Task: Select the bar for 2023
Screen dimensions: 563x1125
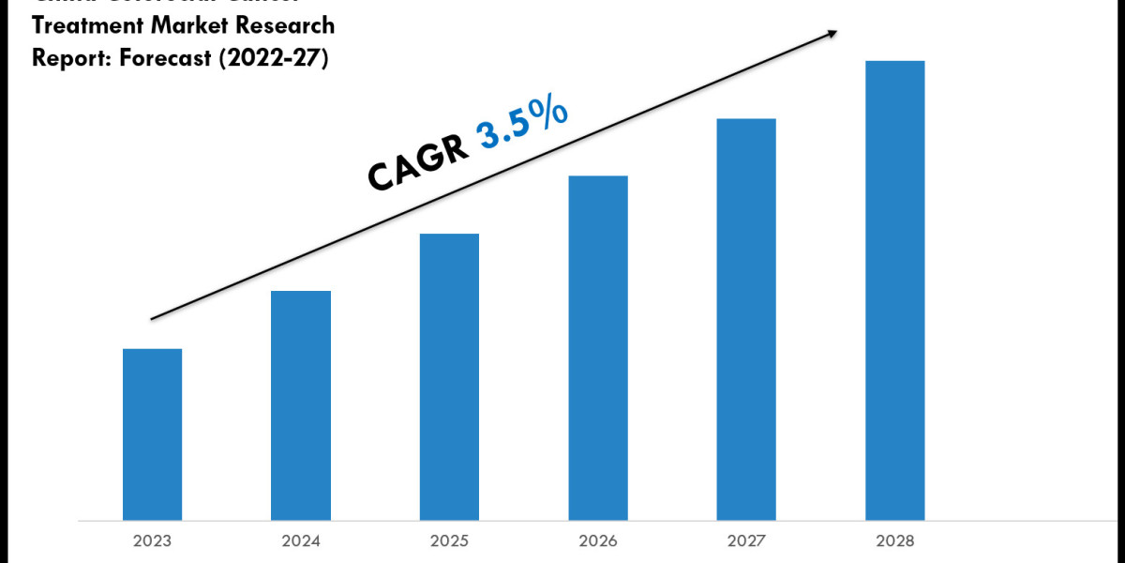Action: [x=152, y=434]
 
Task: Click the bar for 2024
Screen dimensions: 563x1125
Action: [x=301, y=404]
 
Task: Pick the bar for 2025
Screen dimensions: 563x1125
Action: [x=449, y=376]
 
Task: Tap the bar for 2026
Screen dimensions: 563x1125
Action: [x=597, y=347]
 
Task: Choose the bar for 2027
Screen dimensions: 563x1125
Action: [x=746, y=319]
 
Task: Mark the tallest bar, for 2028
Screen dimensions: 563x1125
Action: [x=894, y=290]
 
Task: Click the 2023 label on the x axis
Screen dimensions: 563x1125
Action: [x=152, y=541]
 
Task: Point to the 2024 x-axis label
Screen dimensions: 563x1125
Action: [x=301, y=541]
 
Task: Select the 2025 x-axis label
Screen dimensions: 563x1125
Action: [x=449, y=541]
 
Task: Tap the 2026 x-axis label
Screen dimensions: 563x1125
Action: [x=597, y=541]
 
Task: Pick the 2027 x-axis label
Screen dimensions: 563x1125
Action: [x=746, y=541]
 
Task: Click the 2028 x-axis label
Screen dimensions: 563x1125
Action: [x=894, y=541]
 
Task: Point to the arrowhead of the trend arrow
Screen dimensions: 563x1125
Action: [x=831, y=35]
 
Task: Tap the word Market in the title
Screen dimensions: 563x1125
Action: [x=189, y=26]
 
